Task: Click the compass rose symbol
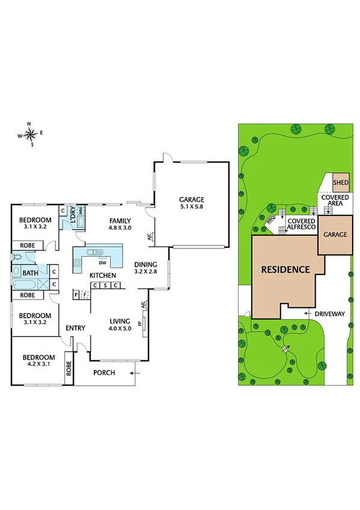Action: click(x=31, y=135)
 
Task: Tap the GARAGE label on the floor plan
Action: click(x=192, y=200)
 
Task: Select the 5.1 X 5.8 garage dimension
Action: click(x=192, y=207)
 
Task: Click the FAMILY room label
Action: click(x=119, y=220)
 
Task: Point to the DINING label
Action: click(x=146, y=264)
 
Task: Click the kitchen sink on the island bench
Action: click(x=94, y=253)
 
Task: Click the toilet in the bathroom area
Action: click(x=17, y=256)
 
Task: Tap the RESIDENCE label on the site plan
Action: click(x=285, y=269)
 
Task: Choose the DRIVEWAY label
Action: click(x=329, y=314)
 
